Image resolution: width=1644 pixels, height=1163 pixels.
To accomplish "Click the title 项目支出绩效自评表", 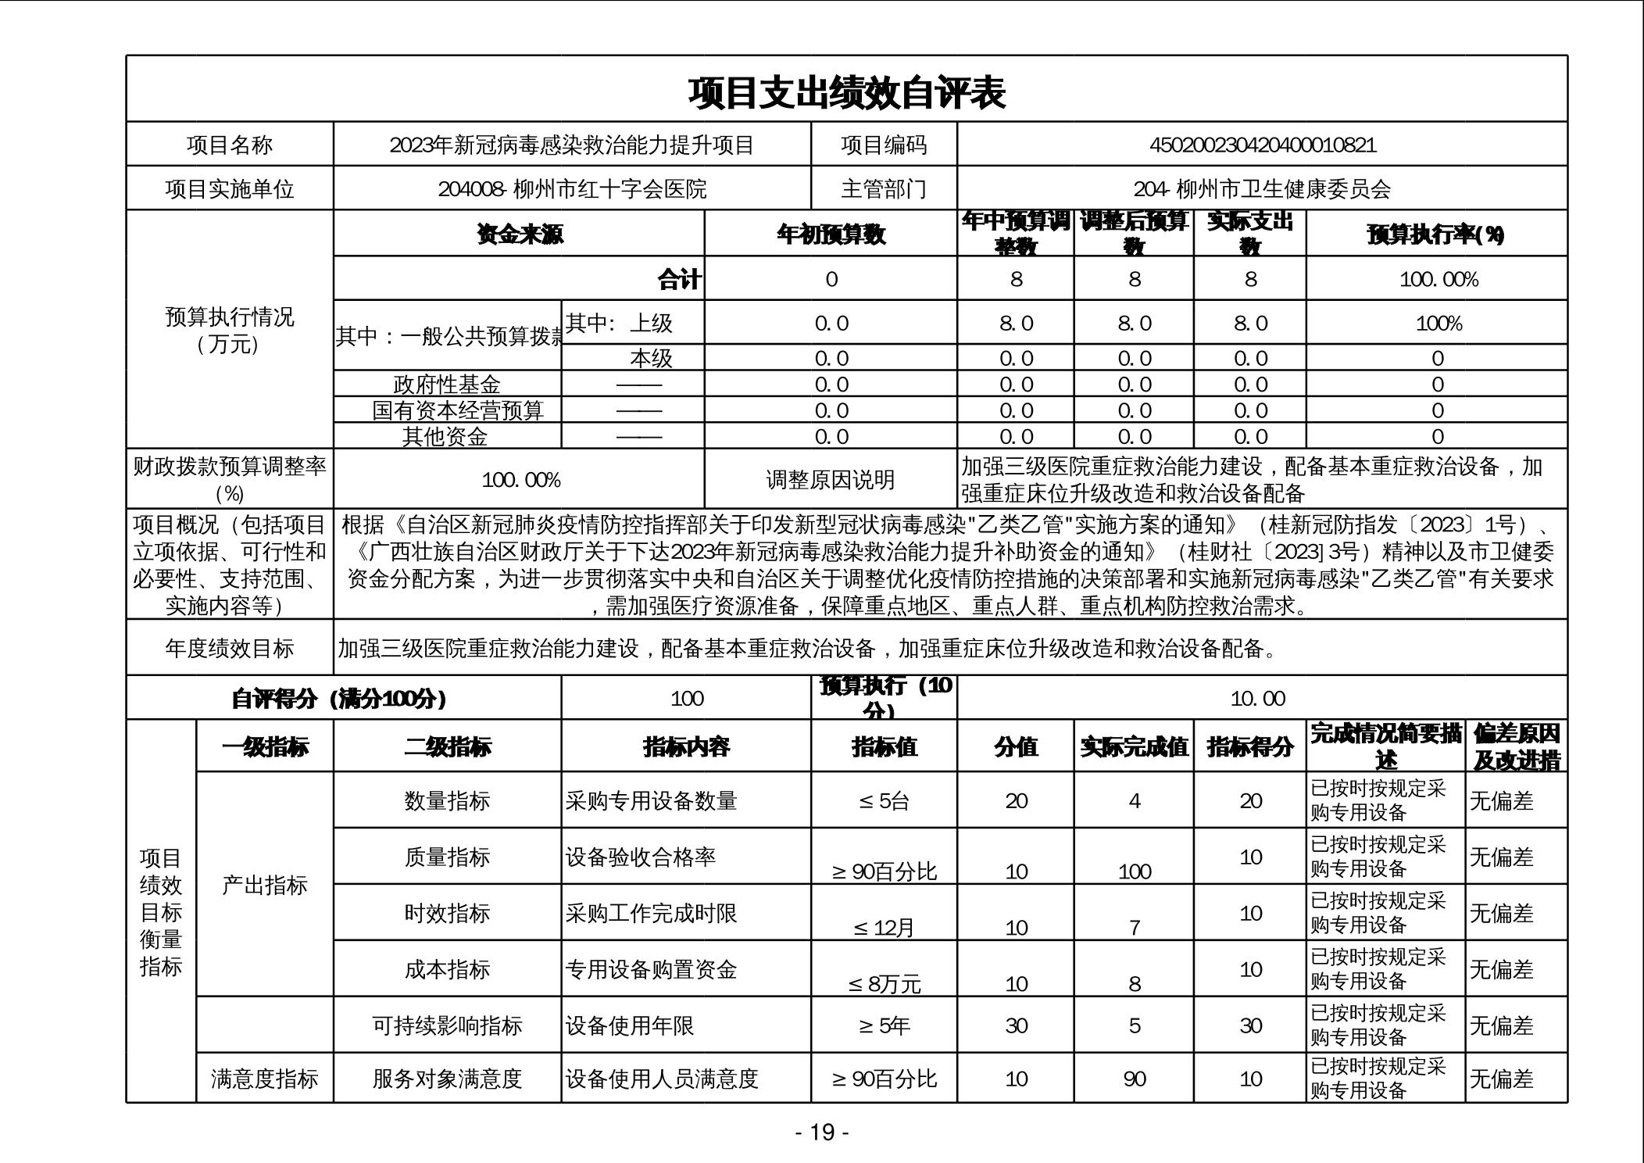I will [846, 92].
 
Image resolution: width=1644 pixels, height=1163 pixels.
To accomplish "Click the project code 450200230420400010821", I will [1262, 145].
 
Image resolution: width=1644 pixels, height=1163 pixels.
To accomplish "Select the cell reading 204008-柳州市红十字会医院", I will [572, 189].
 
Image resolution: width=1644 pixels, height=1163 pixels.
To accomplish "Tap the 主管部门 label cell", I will [883, 189].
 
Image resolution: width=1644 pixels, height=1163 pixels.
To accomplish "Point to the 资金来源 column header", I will [519, 234].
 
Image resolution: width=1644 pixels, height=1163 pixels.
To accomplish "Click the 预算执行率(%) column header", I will [1436, 234].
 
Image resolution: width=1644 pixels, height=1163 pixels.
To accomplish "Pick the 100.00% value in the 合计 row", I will [1438, 280].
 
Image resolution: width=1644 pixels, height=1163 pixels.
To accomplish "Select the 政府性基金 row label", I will [447, 384].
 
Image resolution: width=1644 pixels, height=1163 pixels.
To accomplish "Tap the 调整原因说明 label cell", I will [830, 480].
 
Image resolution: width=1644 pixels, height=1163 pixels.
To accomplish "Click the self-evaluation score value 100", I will [687, 699].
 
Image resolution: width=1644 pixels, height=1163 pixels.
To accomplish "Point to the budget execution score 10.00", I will [1257, 699].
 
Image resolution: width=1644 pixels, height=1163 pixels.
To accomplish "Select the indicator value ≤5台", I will [884, 801].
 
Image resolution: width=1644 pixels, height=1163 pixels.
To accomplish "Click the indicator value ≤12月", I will [884, 928].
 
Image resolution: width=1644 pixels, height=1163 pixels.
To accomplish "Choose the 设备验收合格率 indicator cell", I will [641, 857].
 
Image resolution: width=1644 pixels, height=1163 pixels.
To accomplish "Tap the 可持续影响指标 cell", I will [447, 1025].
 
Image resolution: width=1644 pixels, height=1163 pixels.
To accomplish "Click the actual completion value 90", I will [1134, 1079].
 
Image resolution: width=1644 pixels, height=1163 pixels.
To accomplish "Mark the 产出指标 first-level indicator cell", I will [265, 885].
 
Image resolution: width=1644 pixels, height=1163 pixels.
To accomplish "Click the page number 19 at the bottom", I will [822, 1132].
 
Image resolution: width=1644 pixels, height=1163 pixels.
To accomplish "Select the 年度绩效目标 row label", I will [230, 648].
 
